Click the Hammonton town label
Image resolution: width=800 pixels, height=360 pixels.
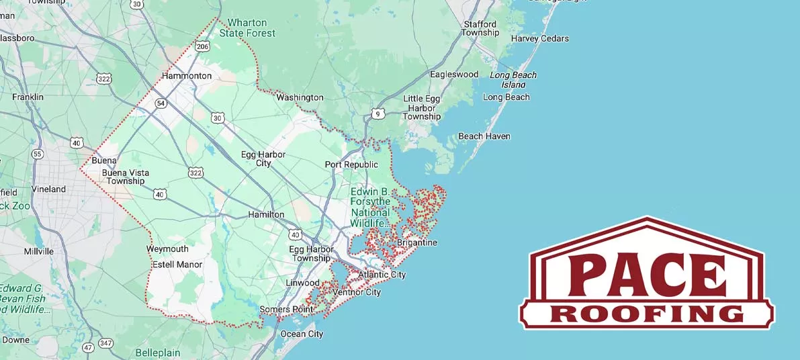pos(187,76)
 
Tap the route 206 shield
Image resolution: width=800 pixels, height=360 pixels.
pos(202,46)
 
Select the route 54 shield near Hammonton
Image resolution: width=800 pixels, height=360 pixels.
pos(161,103)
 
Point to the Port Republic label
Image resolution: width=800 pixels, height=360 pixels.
pos(351,165)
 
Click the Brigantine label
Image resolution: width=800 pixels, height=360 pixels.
pos(416,242)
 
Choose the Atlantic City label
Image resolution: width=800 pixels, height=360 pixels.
pos(382,275)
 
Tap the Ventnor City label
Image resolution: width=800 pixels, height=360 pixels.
pos(357,292)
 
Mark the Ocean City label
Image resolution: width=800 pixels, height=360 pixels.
pos(302,334)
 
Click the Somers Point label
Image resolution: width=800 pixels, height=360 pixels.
pos(285,309)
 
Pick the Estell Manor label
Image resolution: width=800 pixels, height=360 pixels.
pos(177,265)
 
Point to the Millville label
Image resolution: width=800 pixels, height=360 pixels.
pos(38,251)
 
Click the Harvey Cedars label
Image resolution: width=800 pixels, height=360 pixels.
pos(539,38)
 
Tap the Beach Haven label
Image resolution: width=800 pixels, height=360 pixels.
pos(484,136)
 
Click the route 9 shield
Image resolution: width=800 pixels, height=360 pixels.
pos(379,114)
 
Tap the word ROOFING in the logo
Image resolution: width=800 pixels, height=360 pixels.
pos(646,314)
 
